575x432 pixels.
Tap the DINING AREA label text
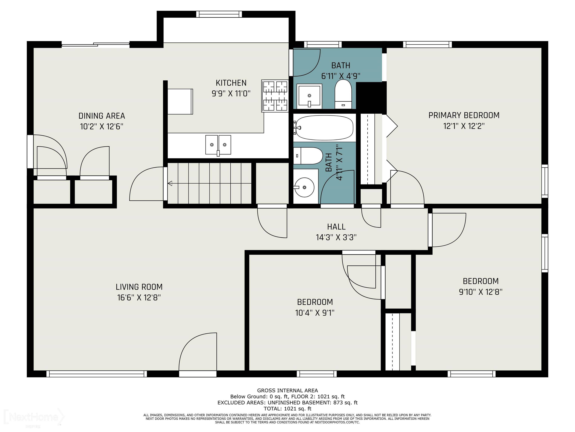(102, 116)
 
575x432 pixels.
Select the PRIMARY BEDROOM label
(464, 115)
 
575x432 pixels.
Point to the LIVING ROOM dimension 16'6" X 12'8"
(139, 297)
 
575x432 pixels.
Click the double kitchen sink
(218, 145)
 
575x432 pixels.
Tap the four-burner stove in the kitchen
(275, 96)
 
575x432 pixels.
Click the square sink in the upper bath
(309, 96)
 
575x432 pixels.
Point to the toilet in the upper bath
(343, 94)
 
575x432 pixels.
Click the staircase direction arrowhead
(170, 183)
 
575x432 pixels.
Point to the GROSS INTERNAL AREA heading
(287, 390)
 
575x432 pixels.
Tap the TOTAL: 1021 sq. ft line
(287, 409)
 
